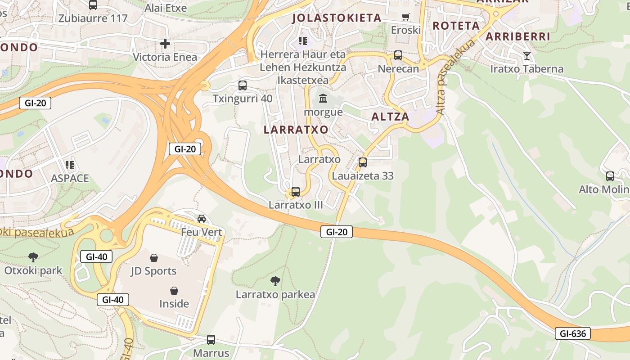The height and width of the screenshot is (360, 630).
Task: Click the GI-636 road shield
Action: (x=572, y=333)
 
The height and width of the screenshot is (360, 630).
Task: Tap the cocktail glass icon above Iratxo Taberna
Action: (x=526, y=56)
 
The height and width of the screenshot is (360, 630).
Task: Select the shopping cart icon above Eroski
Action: (x=405, y=17)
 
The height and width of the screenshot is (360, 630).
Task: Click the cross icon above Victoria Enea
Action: (x=165, y=44)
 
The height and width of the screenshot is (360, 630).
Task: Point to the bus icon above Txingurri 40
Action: (x=242, y=85)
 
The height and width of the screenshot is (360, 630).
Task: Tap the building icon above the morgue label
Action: (x=323, y=98)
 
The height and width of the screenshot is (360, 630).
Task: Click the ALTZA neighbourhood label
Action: (x=390, y=117)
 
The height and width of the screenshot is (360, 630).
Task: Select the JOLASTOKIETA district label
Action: (x=337, y=18)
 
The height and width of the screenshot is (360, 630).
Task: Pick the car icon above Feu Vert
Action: (x=202, y=219)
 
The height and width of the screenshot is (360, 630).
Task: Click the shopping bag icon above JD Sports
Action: (x=154, y=257)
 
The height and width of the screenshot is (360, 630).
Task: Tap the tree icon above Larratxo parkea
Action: (x=275, y=281)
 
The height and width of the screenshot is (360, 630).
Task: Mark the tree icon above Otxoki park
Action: (x=33, y=257)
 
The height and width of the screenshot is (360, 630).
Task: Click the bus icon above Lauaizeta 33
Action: (x=363, y=162)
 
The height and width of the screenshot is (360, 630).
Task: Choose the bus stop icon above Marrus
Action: (x=211, y=339)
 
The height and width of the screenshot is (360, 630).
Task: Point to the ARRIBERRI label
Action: (x=518, y=36)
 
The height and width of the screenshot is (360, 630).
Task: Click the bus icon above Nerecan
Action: (x=398, y=55)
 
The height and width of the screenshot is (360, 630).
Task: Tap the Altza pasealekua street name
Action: (x=455, y=77)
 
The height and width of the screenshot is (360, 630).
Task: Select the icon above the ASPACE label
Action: (x=69, y=165)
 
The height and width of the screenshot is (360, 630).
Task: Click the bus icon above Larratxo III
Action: (x=296, y=191)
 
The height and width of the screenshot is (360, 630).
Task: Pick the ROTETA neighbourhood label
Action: (x=456, y=26)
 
